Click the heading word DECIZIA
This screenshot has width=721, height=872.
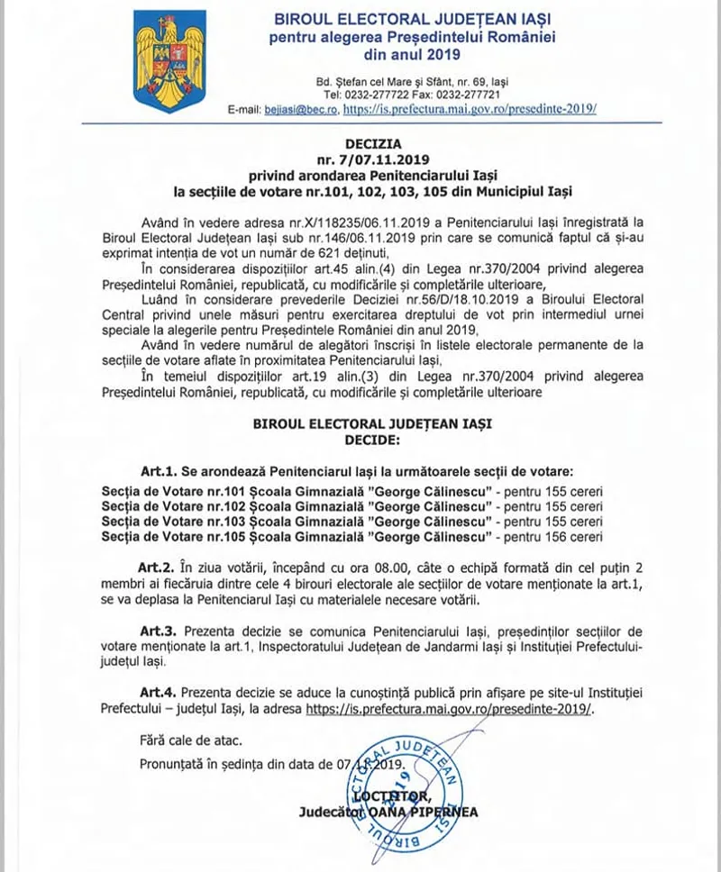(373, 141)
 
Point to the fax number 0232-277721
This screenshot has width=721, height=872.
(469, 94)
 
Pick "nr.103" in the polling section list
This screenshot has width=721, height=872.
(210, 522)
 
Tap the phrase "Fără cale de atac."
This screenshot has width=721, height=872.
(192, 740)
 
